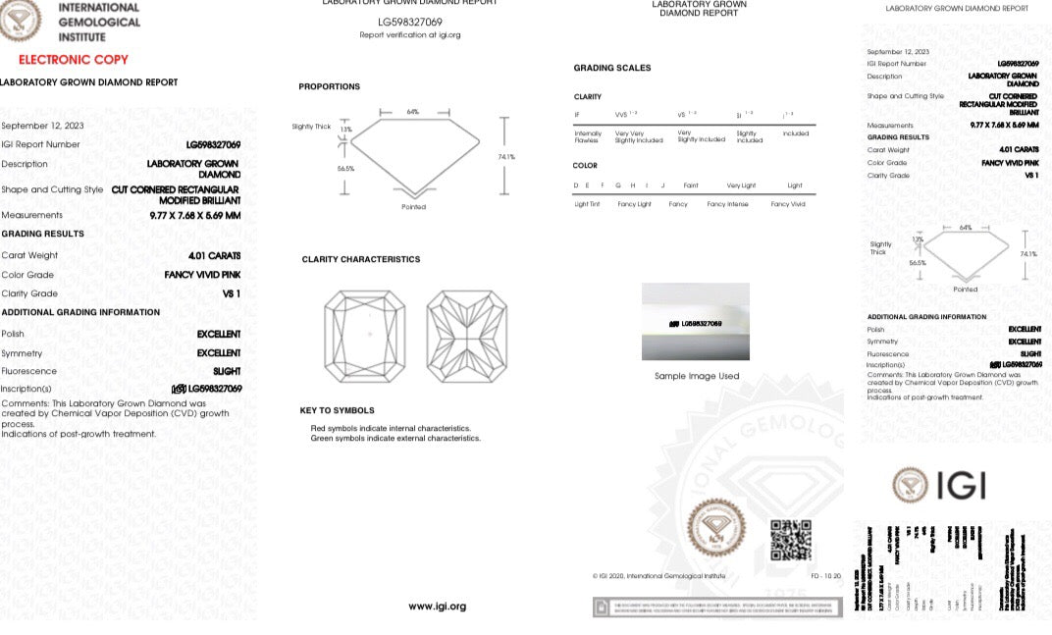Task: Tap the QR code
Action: coord(790,539)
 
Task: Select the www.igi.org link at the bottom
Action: coord(437,607)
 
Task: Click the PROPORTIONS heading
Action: coord(329,87)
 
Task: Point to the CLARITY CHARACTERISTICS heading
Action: coord(360,259)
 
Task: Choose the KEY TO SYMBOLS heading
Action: coord(337,410)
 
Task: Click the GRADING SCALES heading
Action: coord(611,68)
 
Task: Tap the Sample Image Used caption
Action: coord(697,376)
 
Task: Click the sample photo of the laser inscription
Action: coord(695,322)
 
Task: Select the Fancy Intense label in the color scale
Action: coord(727,204)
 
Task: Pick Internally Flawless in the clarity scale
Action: coord(588,136)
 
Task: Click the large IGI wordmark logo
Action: coord(939,485)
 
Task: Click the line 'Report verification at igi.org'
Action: coord(409,35)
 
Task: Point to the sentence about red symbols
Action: coord(391,428)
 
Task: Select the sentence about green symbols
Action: coord(395,438)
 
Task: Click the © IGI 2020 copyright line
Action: coord(657,576)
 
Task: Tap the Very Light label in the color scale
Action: coord(741,185)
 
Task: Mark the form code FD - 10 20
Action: coord(825,576)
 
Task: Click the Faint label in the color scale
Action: coord(691,185)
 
